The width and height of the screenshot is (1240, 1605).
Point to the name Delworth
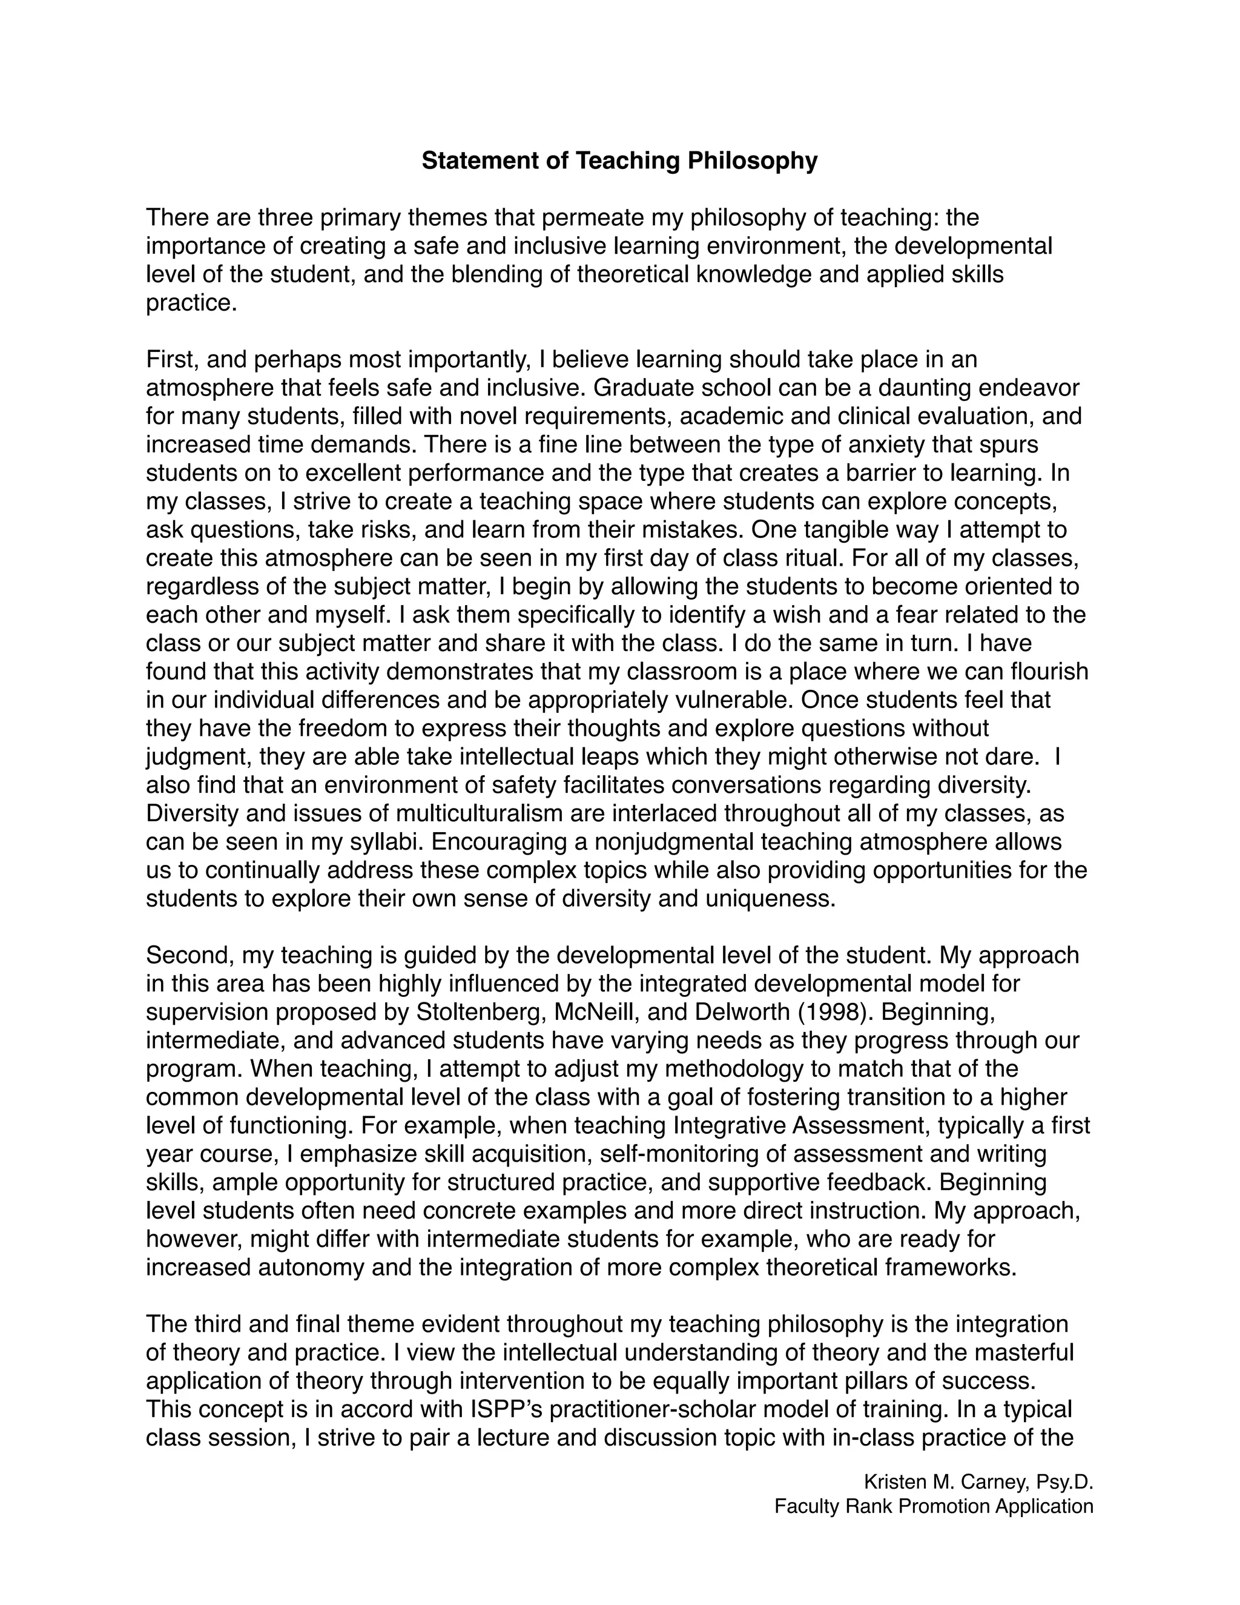coord(741,1012)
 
